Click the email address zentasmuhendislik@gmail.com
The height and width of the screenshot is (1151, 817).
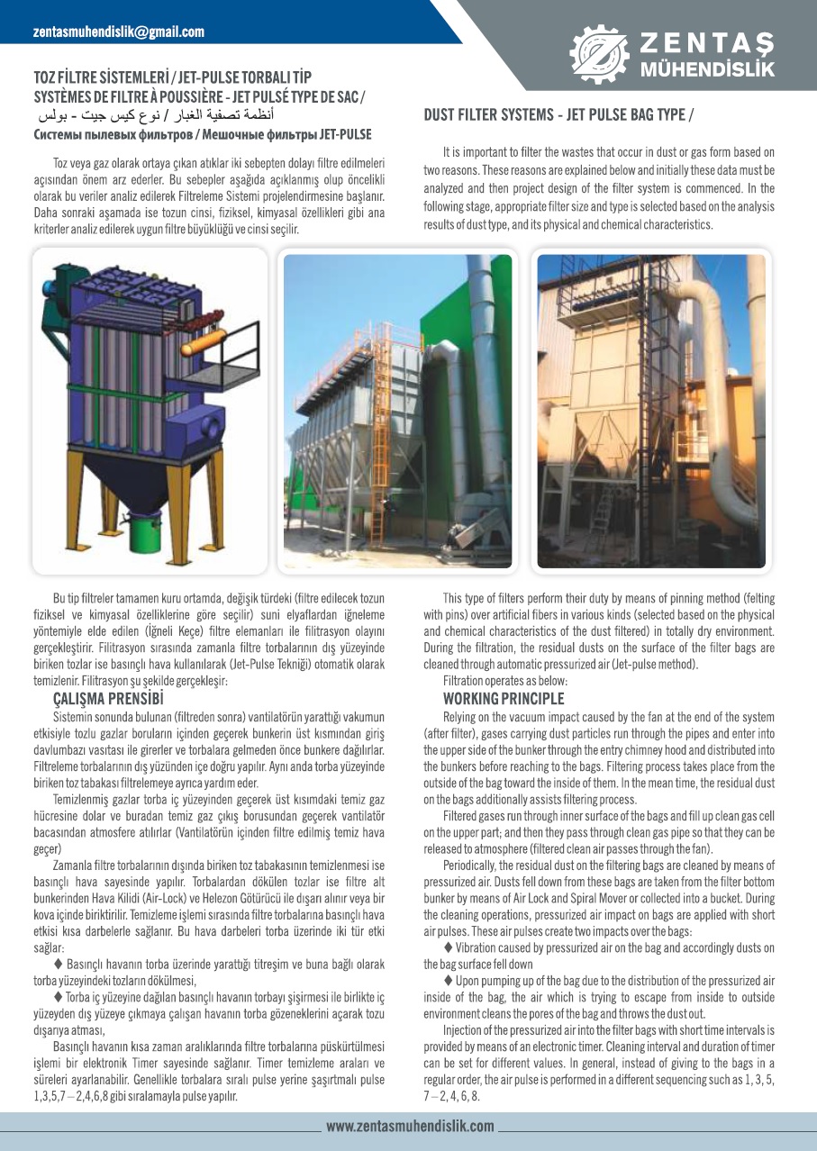pos(119,32)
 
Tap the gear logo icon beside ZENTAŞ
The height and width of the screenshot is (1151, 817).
pos(599,51)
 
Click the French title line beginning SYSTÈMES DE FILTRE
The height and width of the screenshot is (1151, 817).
pos(199,97)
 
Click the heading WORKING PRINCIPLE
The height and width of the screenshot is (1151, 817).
pos(504,699)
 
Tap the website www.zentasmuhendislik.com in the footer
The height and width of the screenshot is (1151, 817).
pos(410,1126)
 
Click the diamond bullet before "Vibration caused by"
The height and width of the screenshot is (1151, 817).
pos(449,947)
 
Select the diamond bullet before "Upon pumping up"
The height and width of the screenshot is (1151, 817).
pos(449,980)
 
